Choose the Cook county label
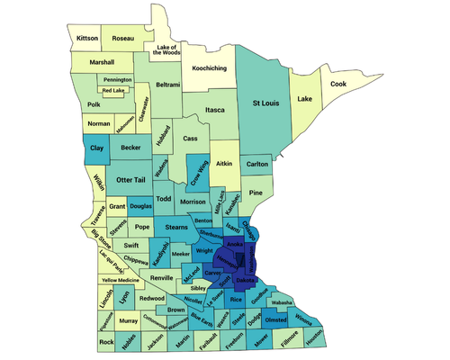click(337, 84)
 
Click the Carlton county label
click(257, 164)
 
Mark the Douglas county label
click(140, 206)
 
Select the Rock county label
click(107, 342)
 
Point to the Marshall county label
click(102, 62)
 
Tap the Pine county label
click(256, 193)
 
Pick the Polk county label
click(94, 103)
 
